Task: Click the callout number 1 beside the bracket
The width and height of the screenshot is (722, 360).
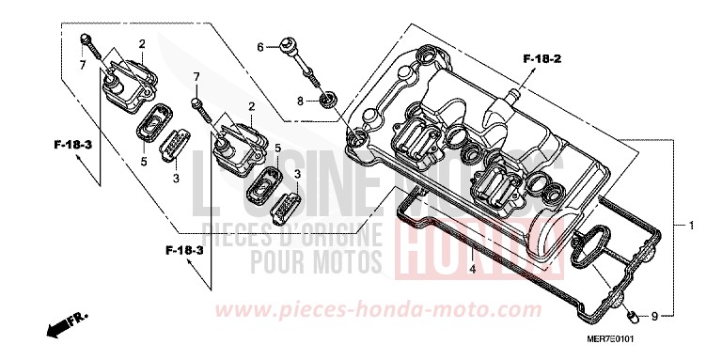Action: (x=691, y=227)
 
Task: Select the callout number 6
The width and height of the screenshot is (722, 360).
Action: (x=260, y=45)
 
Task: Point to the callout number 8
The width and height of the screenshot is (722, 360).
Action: (x=302, y=99)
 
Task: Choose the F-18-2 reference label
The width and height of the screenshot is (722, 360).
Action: (x=541, y=59)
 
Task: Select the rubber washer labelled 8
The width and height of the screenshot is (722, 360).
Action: (x=328, y=99)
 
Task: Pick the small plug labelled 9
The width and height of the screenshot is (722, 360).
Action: (x=634, y=312)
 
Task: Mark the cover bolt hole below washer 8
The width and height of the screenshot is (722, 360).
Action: (x=357, y=142)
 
